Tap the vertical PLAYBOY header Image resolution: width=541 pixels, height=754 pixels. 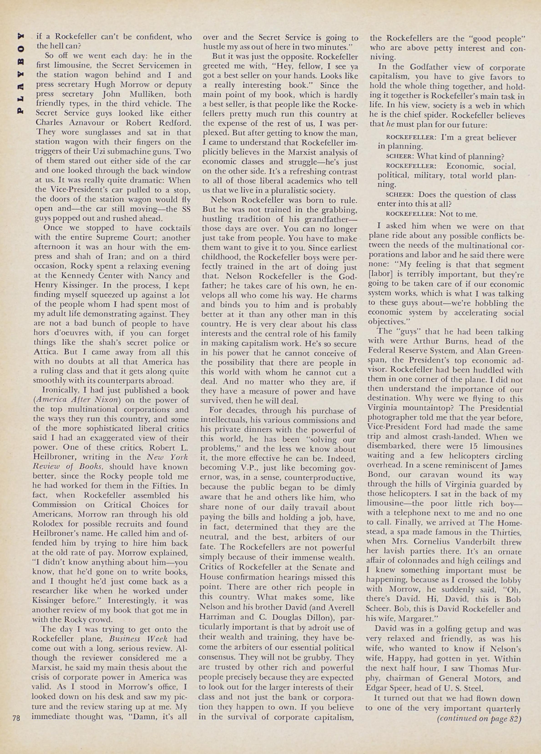[x=21, y=73]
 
